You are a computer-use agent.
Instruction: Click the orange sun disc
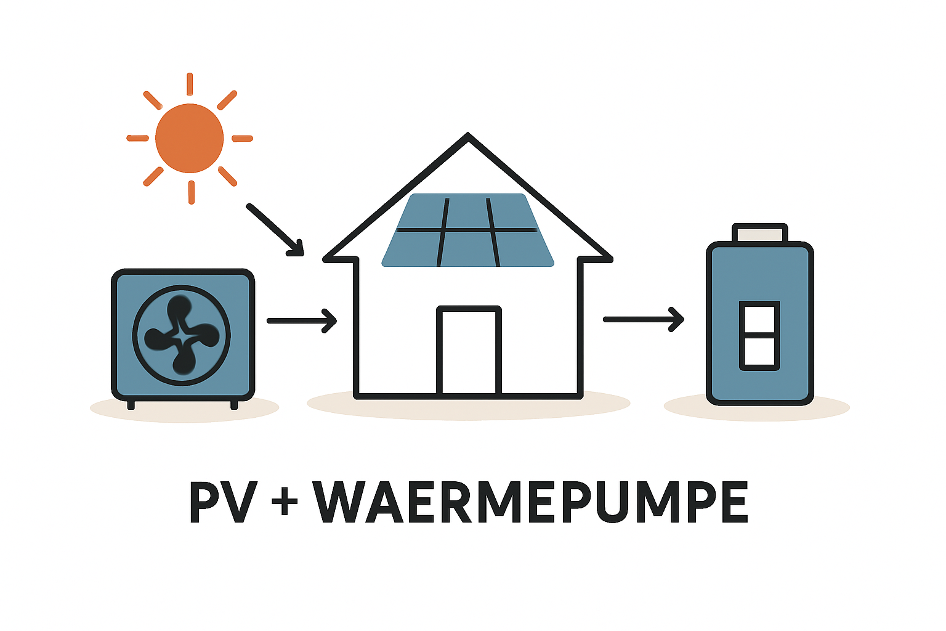click(x=189, y=138)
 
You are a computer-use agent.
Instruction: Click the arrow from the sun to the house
click(x=275, y=230)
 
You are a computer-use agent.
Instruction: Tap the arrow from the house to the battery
click(x=643, y=319)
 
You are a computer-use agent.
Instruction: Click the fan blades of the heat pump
click(x=181, y=336)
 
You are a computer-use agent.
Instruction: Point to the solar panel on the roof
click(x=468, y=230)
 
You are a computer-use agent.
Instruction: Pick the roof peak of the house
click(x=468, y=137)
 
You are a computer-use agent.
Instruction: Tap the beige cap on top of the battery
click(x=759, y=234)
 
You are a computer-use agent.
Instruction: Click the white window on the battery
click(x=759, y=336)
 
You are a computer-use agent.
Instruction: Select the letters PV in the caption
click(x=222, y=502)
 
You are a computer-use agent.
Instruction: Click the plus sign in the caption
click(x=285, y=500)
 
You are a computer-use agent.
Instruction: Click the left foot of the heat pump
click(x=131, y=404)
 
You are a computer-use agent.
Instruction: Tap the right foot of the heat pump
click(x=234, y=404)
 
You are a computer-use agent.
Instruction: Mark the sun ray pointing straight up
click(x=190, y=84)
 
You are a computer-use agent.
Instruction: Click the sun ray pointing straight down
click(x=191, y=192)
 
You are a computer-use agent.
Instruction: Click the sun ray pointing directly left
click(x=137, y=138)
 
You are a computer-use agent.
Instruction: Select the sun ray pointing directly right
click(x=242, y=138)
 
